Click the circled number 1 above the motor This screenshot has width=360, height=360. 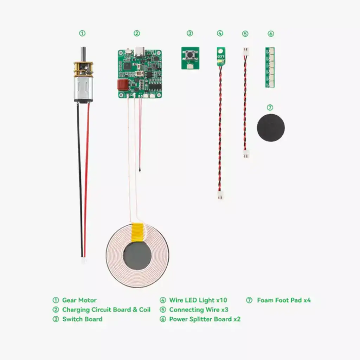(x=82, y=33)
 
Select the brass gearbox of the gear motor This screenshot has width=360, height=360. (x=83, y=69)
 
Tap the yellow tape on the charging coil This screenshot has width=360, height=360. (x=137, y=232)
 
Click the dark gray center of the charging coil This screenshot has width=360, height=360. (x=137, y=256)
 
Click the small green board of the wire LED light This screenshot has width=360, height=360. (x=220, y=57)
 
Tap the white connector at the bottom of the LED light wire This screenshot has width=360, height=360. (x=220, y=195)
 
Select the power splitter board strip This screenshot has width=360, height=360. (x=270, y=67)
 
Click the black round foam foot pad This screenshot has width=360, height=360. (x=270, y=128)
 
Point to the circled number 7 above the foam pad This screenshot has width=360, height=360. (x=270, y=108)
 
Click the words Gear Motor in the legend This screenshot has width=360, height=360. (x=79, y=300)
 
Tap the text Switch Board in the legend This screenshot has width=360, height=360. (x=82, y=319)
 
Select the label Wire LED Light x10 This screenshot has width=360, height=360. (x=198, y=300)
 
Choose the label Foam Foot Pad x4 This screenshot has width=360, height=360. (x=284, y=300)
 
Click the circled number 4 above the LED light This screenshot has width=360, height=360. (x=220, y=33)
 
